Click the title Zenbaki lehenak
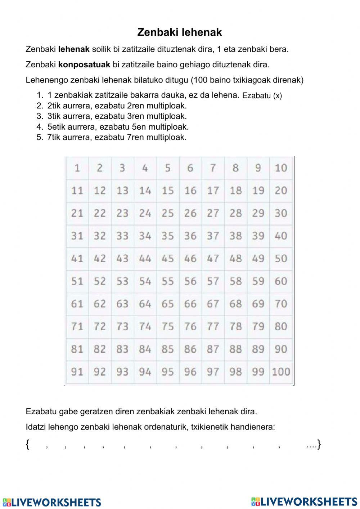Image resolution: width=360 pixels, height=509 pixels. (x=179, y=32)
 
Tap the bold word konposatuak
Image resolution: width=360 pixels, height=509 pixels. (x=84, y=64)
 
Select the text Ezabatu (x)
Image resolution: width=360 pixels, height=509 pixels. (x=262, y=95)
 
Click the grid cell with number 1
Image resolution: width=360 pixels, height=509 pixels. (x=77, y=168)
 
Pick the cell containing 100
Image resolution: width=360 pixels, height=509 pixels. (x=281, y=372)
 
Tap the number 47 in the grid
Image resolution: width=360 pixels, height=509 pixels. (x=213, y=259)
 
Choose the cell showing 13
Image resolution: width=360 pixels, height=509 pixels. (x=122, y=191)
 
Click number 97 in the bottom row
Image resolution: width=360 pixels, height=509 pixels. (x=213, y=372)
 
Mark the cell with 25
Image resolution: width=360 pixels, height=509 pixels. (x=167, y=213)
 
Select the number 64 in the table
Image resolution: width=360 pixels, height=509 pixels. (x=145, y=304)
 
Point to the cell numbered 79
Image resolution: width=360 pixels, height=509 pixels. (x=258, y=327)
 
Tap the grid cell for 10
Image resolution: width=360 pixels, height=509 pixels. (x=281, y=168)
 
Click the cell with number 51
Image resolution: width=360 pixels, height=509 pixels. (x=77, y=281)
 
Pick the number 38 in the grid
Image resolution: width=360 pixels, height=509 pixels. (x=235, y=236)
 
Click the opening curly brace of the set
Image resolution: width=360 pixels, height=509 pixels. (x=28, y=445)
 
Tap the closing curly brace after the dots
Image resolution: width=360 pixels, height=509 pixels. (x=319, y=445)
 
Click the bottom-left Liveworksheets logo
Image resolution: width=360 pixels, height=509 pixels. (x=52, y=502)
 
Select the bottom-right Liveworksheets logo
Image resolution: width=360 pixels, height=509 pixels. (x=304, y=501)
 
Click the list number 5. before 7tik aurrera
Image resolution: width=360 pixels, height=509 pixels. (x=40, y=137)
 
